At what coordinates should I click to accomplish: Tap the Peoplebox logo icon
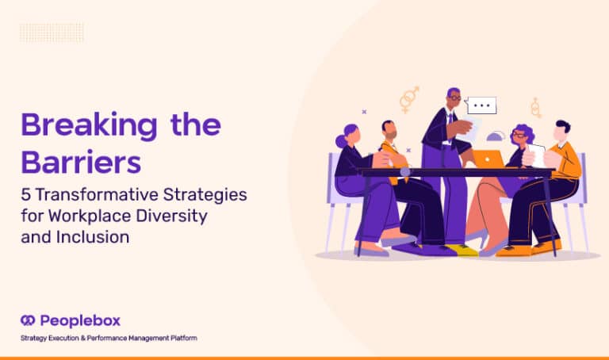(28, 320)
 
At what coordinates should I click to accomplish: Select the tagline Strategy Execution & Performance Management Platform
(109, 339)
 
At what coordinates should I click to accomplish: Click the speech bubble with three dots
(481, 105)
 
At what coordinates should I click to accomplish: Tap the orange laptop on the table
(487, 159)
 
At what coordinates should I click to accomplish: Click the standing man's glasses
(455, 98)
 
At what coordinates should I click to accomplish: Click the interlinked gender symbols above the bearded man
(409, 99)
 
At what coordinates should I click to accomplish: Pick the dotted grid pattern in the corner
(52, 33)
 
